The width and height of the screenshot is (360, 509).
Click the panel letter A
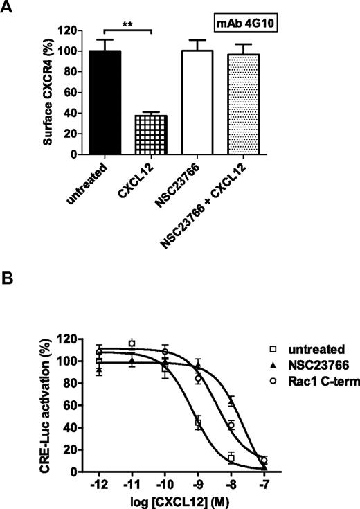[8, 8]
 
